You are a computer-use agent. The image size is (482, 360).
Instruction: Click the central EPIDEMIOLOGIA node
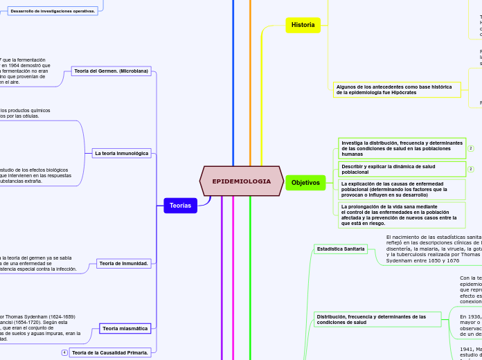tap(241, 181)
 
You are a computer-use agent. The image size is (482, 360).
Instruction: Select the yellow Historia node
tap(303, 25)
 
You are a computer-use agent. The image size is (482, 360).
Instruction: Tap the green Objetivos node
tap(305, 183)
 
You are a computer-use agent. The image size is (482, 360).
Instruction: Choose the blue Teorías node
tap(180, 205)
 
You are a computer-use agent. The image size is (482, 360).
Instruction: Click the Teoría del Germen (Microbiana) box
tap(111, 71)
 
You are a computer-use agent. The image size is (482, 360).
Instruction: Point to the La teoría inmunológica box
tap(122, 153)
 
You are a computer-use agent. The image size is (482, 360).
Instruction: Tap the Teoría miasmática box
tap(125, 328)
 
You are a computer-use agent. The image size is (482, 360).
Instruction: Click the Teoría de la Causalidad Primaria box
tap(109, 352)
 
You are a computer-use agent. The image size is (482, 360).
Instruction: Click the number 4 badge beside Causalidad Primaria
tap(64, 352)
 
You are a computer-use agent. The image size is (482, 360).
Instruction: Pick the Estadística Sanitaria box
tap(339, 249)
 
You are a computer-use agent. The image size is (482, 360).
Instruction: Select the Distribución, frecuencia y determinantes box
tap(377, 319)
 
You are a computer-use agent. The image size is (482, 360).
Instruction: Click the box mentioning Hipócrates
tap(397, 89)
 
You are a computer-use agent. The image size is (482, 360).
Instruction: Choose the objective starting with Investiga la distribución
tap(402, 148)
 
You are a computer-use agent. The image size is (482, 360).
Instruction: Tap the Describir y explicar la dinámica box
tap(402, 169)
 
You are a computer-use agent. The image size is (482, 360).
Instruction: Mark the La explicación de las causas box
tap(402, 189)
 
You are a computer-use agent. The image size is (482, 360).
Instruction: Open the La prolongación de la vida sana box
tap(402, 215)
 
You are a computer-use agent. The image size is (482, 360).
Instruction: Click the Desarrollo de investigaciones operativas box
tap(53, 11)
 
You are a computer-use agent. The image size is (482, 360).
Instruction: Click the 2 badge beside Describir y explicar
tap(471, 169)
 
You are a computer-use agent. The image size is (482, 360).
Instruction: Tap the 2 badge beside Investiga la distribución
tap(471, 148)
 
